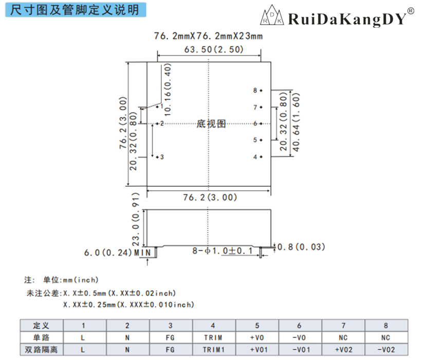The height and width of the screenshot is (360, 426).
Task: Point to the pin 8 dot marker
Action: click(x=261, y=91)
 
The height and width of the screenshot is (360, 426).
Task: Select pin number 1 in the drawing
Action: click(x=161, y=106)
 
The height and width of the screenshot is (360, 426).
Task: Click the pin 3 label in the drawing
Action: click(x=162, y=157)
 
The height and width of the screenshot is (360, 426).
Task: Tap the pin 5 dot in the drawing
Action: click(x=261, y=140)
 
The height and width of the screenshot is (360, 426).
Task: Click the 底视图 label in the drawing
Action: click(x=211, y=123)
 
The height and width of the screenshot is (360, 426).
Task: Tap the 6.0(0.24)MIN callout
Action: click(x=118, y=253)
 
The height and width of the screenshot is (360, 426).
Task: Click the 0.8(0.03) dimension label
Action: click(x=301, y=247)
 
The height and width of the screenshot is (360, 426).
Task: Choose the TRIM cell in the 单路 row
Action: click(x=213, y=337)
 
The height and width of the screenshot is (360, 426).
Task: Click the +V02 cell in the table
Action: click(x=342, y=349)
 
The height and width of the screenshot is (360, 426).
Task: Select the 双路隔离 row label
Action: click(x=42, y=349)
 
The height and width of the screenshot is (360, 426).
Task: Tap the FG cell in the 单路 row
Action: click(x=170, y=337)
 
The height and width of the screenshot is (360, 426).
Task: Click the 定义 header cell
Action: click(x=42, y=326)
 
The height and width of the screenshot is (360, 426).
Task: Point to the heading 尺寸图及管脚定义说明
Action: click(x=75, y=10)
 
